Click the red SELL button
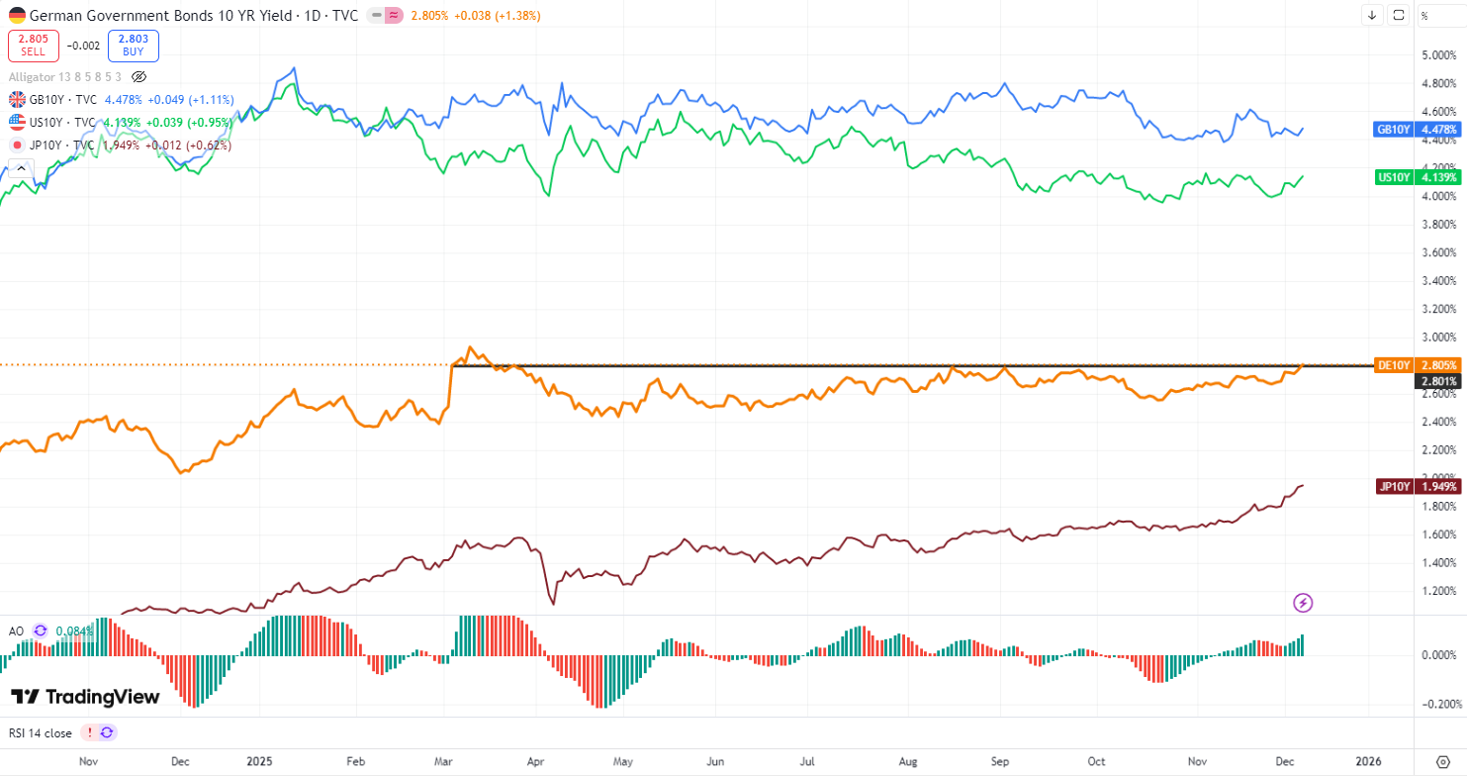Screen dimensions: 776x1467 point(33,46)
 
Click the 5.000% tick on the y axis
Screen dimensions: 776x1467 point(1439,55)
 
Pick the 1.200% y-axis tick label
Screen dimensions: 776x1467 point(1439,591)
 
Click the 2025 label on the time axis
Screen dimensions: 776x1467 point(258,761)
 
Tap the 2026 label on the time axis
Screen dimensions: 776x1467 point(1368,761)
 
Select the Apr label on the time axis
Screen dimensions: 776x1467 point(535,761)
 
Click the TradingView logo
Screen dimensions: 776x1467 point(85,697)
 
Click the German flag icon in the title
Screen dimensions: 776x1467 point(17,15)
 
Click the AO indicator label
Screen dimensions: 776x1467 point(17,630)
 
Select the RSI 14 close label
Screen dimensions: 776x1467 point(40,732)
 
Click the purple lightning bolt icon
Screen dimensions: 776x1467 point(1304,602)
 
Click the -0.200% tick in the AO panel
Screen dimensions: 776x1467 point(1439,704)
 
